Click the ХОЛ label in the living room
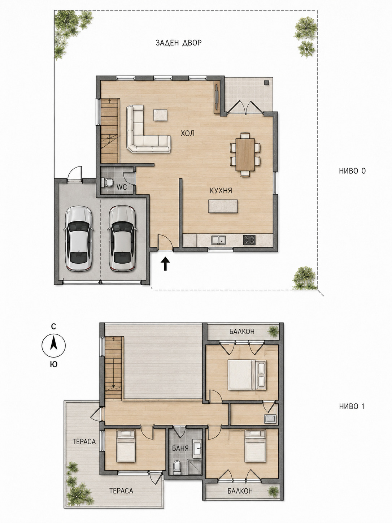click(x=188, y=133)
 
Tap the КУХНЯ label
click(x=221, y=191)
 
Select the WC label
click(x=121, y=187)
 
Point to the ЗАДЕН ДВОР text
click(x=179, y=43)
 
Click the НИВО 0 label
click(x=352, y=170)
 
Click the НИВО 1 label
click(x=352, y=406)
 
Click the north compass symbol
click(x=53, y=345)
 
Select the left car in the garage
click(x=78, y=238)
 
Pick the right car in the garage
click(x=122, y=238)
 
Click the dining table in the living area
click(x=245, y=155)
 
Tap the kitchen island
click(x=223, y=206)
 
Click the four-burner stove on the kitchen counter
click(x=249, y=240)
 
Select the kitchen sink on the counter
click(x=219, y=240)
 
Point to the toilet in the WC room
click(x=107, y=183)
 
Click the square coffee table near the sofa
click(x=160, y=115)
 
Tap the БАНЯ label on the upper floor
click(x=180, y=448)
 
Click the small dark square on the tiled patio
click(x=267, y=83)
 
